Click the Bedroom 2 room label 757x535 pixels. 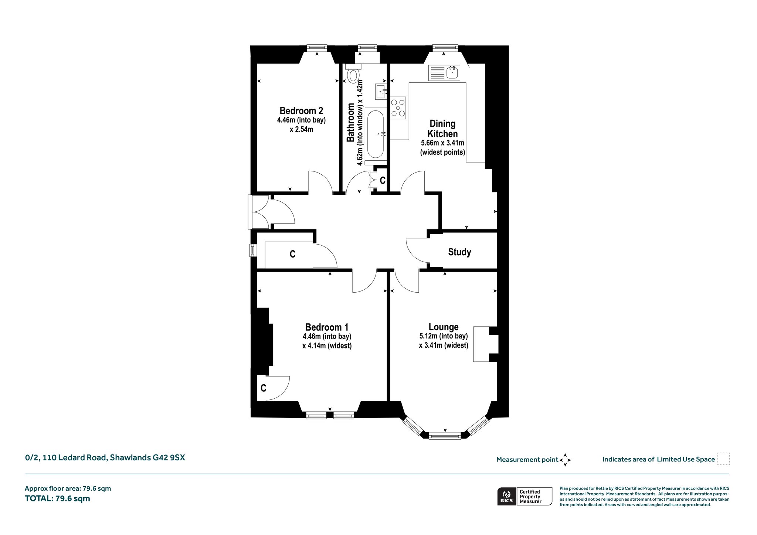(301, 110)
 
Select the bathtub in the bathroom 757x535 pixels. (376, 135)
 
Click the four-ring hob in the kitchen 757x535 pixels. (398, 108)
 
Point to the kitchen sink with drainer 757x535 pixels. (444, 73)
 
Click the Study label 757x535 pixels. (459, 252)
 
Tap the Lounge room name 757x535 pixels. (444, 327)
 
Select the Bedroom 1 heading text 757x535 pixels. (327, 327)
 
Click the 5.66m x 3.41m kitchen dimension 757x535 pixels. (442, 143)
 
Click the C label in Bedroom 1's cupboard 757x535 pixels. (263, 388)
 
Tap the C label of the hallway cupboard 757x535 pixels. (292, 254)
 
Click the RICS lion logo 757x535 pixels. (506, 496)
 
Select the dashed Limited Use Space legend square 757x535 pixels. (723, 459)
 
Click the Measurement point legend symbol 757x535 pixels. (565, 460)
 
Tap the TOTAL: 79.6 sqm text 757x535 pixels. (57, 498)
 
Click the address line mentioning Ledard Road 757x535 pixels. (105, 457)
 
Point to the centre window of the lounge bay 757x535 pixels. (445, 436)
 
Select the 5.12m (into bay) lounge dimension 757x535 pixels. (444, 336)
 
